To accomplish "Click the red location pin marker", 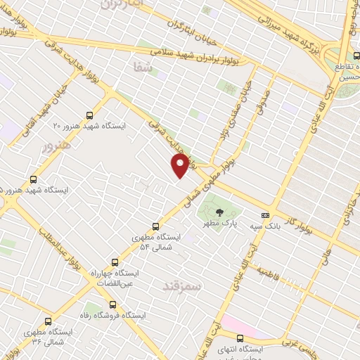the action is [x=181, y=165].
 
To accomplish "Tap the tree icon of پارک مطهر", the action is [x=220, y=212].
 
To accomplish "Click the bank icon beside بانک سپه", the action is [x=265, y=214].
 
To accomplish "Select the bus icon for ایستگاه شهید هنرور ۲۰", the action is [x=89, y=115].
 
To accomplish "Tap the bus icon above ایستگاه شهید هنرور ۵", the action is [x=33, y=179].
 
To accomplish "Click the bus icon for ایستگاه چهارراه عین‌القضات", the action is [x=115, y=262].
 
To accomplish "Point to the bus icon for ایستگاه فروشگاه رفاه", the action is [x=113, y=304].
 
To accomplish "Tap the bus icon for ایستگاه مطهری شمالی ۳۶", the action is [x=48, y=320].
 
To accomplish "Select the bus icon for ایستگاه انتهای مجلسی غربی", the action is [x=240, y=337].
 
